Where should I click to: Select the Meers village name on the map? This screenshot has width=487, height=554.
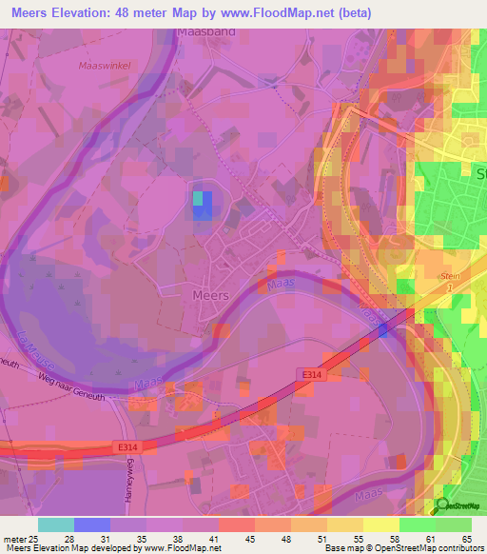click(210, 295)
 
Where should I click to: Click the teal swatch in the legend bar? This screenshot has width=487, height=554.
click(56, 524)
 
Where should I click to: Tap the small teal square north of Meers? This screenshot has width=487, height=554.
click(199, 198)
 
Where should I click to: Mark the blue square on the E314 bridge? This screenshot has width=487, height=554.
click(381, 329)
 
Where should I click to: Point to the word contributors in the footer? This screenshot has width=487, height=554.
click(459, 548)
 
